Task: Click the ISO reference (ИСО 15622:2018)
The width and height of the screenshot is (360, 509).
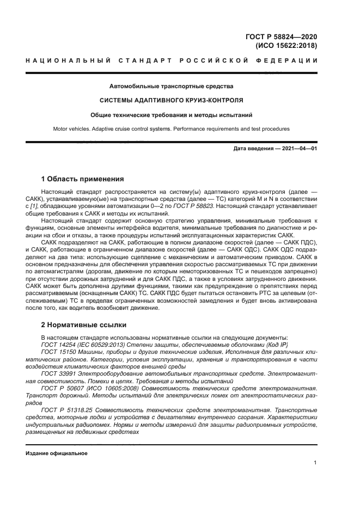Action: tap(286, 46)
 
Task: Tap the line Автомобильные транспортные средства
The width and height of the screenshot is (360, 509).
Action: tap(172, 86)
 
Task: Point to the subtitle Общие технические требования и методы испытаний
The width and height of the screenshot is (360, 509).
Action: tap(172, 115)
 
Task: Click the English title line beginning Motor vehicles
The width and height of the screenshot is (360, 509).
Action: tap(172, 129)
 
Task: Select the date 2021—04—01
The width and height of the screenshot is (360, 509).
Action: tap(300, 149)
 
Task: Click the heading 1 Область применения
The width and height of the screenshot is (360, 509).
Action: tap(83, 179)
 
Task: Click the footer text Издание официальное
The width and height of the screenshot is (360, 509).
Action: tap(56, 453)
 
